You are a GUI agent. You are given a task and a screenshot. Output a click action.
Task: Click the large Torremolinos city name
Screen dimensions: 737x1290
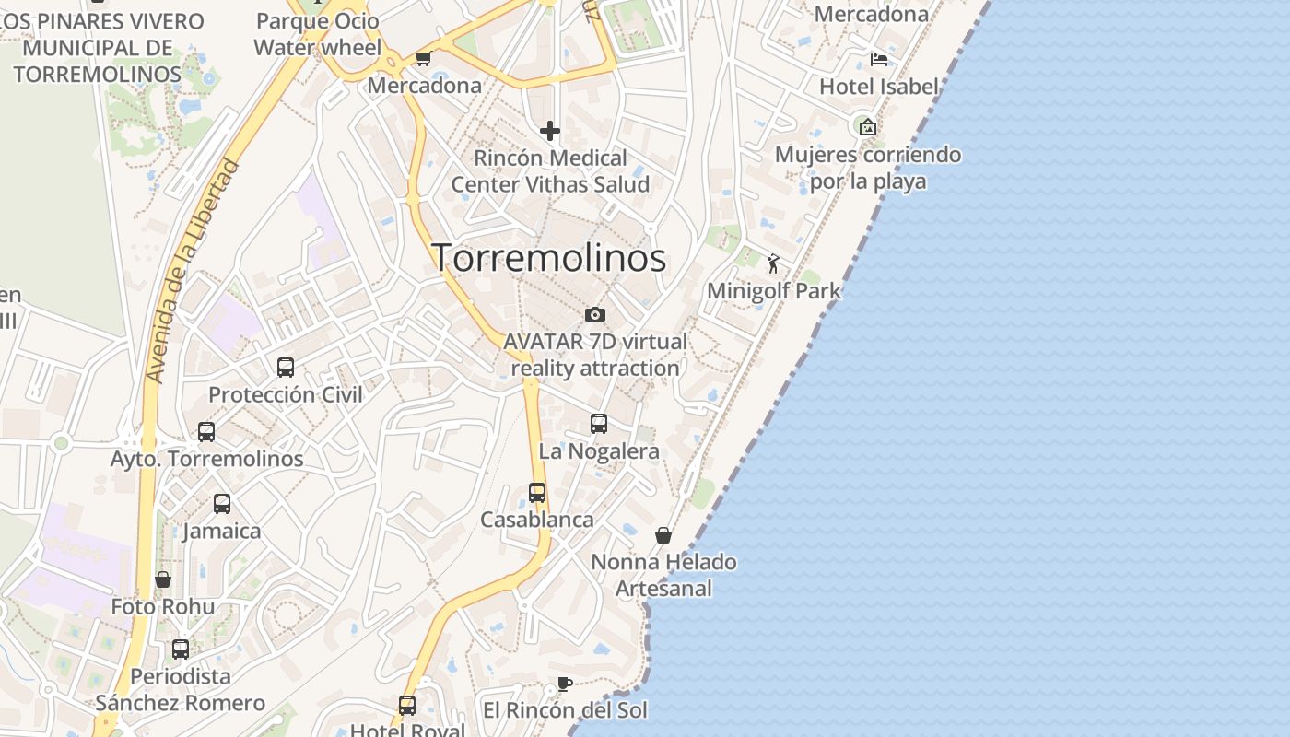pyautogui.click(x=549, y=258)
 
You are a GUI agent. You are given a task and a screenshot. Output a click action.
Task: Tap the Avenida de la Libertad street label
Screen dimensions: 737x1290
pyautogui.click(x=193, y=273)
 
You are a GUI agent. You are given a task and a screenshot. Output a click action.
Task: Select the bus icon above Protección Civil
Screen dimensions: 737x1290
pyautogui.click(x=286, y=368)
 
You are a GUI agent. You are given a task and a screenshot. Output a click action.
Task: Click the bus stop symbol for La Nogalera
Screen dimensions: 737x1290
pyautogui.click(x=599, y=424)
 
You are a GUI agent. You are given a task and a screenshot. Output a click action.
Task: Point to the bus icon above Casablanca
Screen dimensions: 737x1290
pyautogui.click(x=537, y=493)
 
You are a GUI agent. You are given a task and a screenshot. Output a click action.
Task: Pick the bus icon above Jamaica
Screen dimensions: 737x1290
pyautogui.click(x=222, y=504)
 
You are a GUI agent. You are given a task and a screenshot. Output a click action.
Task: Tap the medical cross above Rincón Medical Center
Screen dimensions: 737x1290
pyautogui.click(x=550, y=131)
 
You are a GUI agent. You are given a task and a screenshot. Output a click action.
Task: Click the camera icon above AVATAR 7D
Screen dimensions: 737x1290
pyautogui.click(x=595, y=314)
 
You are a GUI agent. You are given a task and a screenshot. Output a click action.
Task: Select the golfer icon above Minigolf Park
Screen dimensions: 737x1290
pyautogui.click(x=773, y=264)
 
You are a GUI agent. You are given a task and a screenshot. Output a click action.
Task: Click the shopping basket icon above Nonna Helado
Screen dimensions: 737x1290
pyautogui.click(x=663, y=535)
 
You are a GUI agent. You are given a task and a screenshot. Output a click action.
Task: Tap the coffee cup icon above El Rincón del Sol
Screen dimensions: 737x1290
pyautogui.click(x=565, y=684)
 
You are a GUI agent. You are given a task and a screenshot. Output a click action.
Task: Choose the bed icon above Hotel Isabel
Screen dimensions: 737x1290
pyautogui.click(x=879, y=60)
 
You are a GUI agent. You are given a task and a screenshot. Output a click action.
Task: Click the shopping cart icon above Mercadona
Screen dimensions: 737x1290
pyautogui.click(x=423, y=59)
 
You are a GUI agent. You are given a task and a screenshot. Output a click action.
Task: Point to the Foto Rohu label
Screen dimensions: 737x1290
pyautogui.click(x=163, y=607)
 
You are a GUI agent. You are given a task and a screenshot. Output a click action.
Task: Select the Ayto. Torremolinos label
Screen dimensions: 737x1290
pyautogui.click(x=206, y=458)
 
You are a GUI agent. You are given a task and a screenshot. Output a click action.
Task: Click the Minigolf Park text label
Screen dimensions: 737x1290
pyautogui.click(x=774, y=291)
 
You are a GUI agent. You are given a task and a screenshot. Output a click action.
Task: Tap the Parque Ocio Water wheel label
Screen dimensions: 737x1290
pyautogui.click(x=317, y=34)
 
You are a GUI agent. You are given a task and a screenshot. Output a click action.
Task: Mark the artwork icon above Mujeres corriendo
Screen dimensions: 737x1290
pyautogui.click(x=867, y=127)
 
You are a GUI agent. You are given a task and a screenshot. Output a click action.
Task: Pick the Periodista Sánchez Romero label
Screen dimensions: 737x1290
pyautogui.click(x=181, y=690)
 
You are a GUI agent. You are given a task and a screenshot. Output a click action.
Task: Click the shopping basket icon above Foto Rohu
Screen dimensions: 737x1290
pyautogui.click(x=163, y=579)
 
